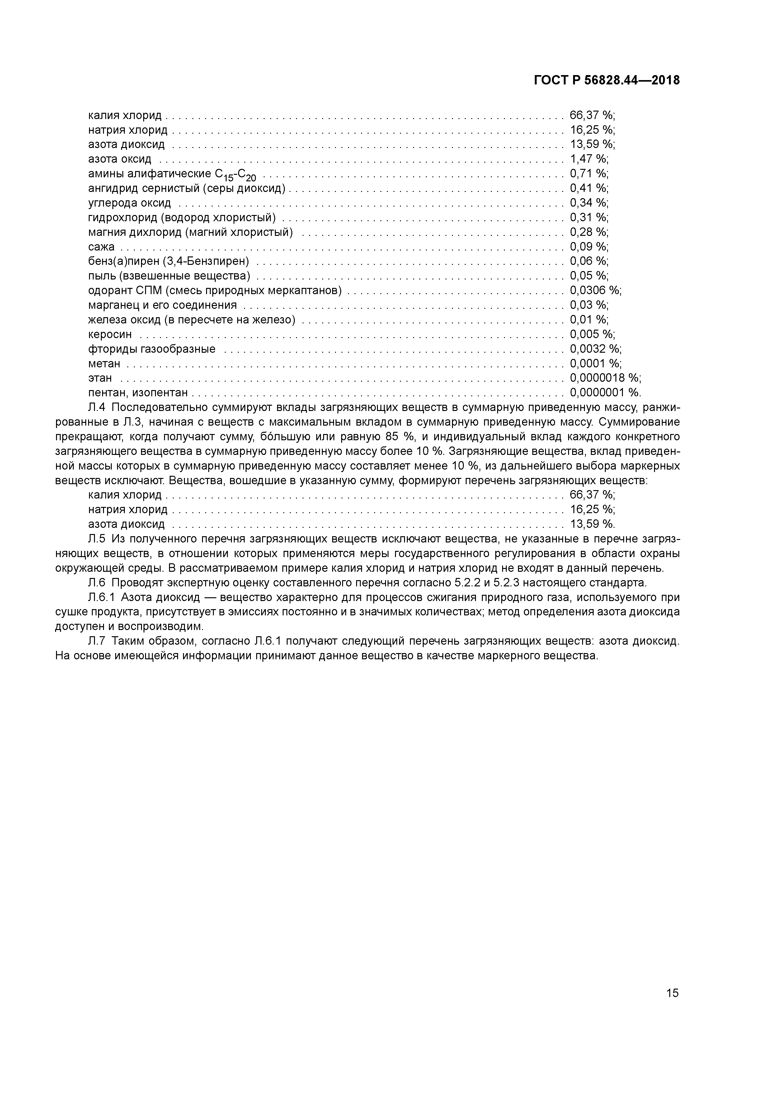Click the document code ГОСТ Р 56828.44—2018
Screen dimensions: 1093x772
pos(606,80)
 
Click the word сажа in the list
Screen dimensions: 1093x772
pos(101,246)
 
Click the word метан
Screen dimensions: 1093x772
pos(104,364)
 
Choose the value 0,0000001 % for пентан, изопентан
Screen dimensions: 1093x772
pos(605,393)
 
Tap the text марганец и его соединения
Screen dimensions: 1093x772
pos(162,305)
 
